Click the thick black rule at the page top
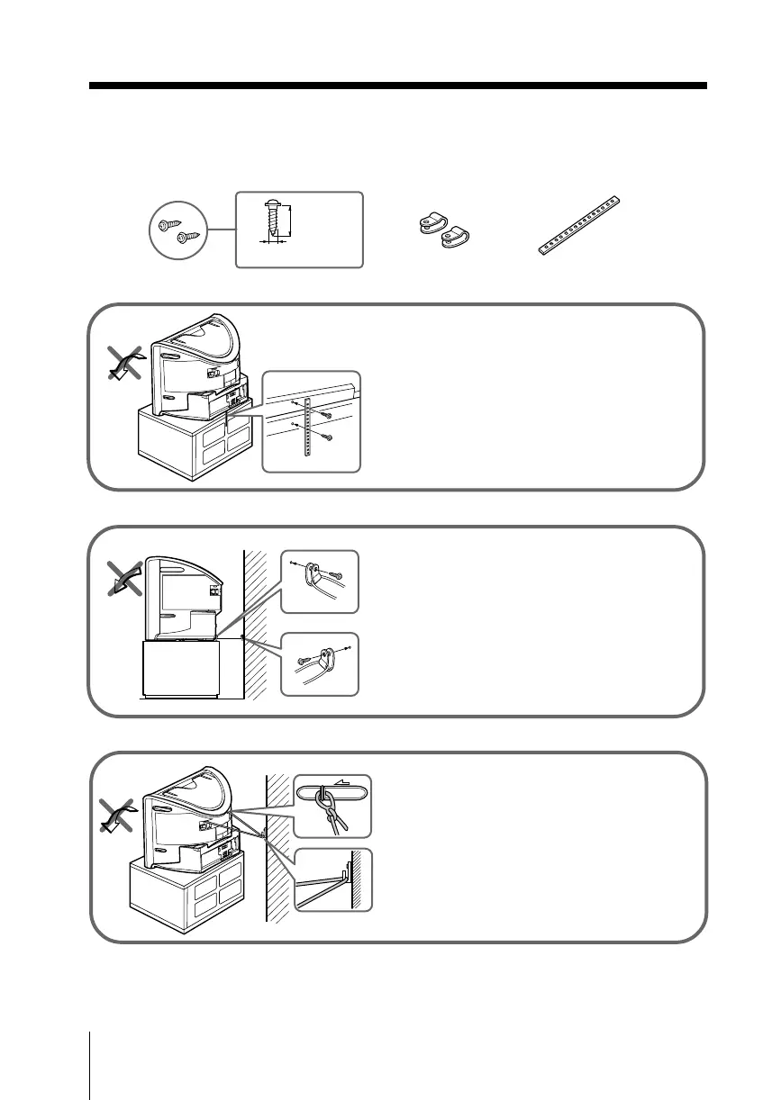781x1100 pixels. [397, 86]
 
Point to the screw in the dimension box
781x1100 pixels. [272, 221]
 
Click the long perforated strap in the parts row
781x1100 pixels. [580, 226]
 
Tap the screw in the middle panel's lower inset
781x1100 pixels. [304, 662]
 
